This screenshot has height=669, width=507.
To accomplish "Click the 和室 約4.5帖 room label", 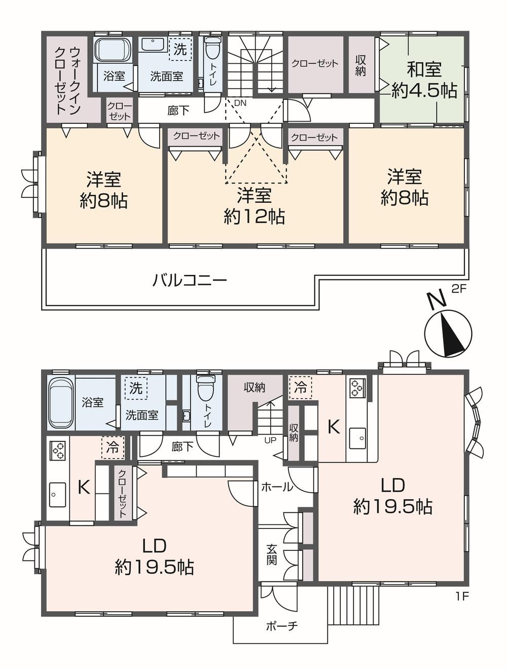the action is click(x=424, y=80).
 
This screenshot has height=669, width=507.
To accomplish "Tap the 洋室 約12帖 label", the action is click(x=254, y=206).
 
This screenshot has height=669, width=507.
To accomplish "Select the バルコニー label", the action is click(x=190, y=280).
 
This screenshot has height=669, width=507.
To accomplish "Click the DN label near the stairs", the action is click(x=240, y=103).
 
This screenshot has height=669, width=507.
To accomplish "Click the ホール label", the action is click(x=277, y=487).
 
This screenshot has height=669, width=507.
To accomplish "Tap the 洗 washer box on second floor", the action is click(x=180, y=49).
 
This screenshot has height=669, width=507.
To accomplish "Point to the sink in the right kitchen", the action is click(x=357, y=438).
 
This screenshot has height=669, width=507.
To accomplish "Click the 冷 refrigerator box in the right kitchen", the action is click(x=301, y=388).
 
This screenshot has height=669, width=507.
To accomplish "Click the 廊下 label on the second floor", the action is click(x=178, y=111).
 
